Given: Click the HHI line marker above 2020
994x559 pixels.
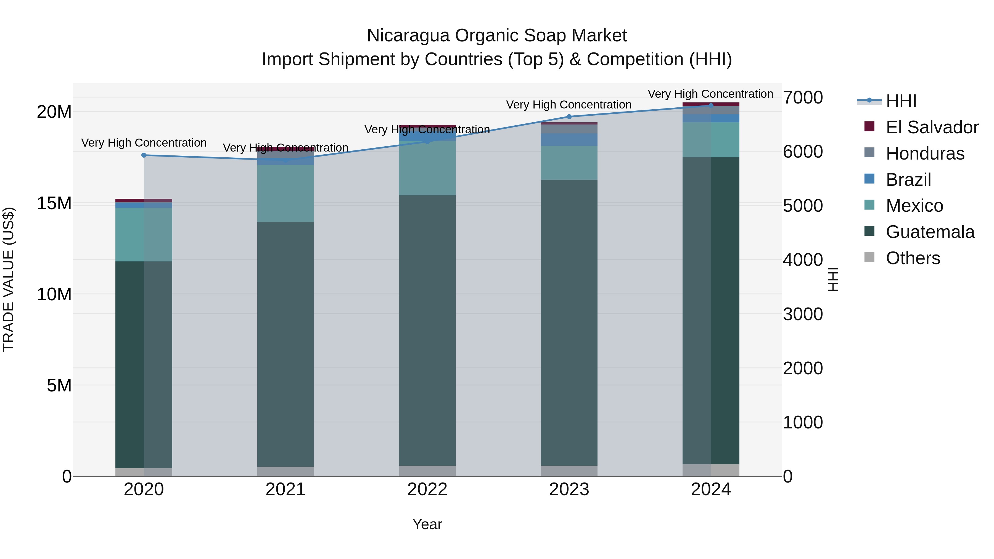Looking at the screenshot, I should coord(144,155).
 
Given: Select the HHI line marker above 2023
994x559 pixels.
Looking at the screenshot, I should coord(569,116).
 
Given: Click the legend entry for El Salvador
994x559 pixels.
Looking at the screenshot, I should coord(932,127).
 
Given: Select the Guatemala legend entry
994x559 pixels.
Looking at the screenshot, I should coord(930,232).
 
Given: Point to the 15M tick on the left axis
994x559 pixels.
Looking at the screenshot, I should coord(54,203).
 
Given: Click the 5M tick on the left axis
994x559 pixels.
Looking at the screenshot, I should coord(59,385).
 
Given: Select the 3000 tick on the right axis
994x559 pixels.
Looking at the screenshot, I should coord(803,314).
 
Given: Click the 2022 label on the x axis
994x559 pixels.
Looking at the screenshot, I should coord(427,489).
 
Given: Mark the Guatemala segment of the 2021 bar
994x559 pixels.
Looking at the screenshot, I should coord(285,343).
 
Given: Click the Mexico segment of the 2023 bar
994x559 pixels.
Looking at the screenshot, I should coord(569,162).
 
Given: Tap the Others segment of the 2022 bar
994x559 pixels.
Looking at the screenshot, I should coord(427,471).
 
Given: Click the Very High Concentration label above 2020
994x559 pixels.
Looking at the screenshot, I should coord(144,143).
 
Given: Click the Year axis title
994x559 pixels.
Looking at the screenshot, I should coord(427,524).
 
